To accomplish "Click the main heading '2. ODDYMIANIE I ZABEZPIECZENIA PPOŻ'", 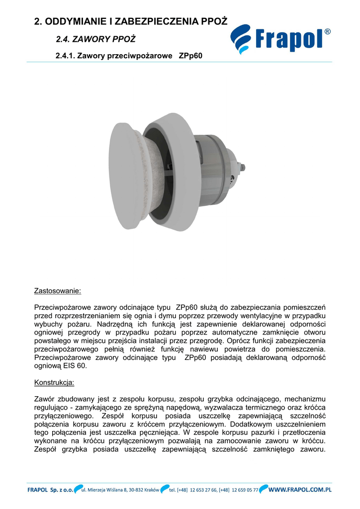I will (x=130, y=21).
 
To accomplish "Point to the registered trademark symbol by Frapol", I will (x=327, y=32).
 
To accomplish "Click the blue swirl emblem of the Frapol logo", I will (x=242, y=39).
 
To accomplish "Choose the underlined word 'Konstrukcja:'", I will (x=54, y=383).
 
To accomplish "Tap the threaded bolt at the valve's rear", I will (x=244, y=168).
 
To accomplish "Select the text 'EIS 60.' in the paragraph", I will (x=75, y=366).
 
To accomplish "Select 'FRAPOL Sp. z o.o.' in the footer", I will (x=50, y=490).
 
